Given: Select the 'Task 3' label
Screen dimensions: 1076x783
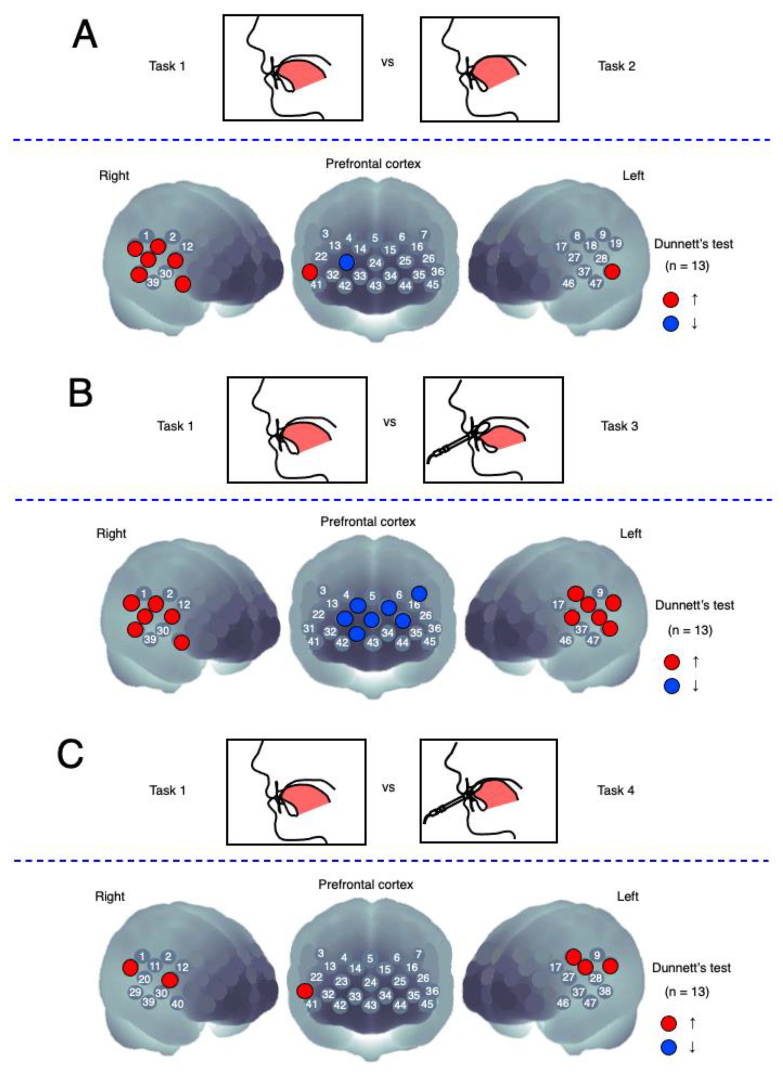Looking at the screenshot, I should click(619, 426).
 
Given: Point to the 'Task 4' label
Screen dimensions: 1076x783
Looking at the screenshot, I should click(615, 790).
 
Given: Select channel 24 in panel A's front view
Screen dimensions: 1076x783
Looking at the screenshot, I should click(376, 263).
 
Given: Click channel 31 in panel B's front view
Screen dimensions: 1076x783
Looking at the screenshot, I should click(309, 629).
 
